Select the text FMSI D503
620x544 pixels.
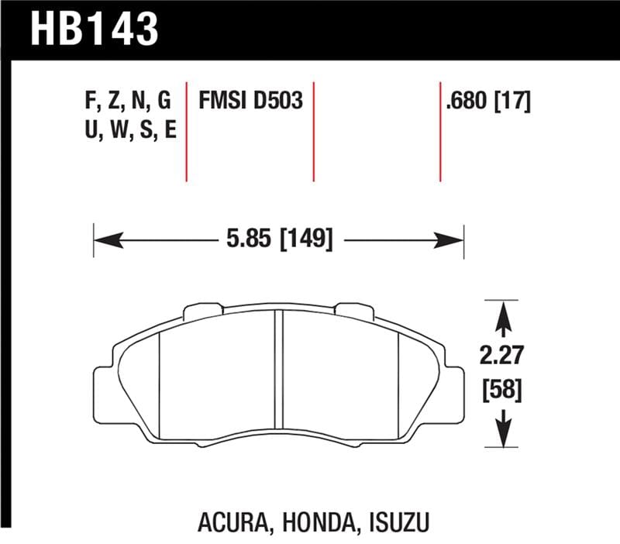pos(250,101)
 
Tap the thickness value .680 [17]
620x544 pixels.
pos(487,101)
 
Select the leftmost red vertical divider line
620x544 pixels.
pos(187,129)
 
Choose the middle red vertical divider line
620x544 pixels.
pos(314,129)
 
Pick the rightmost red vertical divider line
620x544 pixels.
pos(439,129)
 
